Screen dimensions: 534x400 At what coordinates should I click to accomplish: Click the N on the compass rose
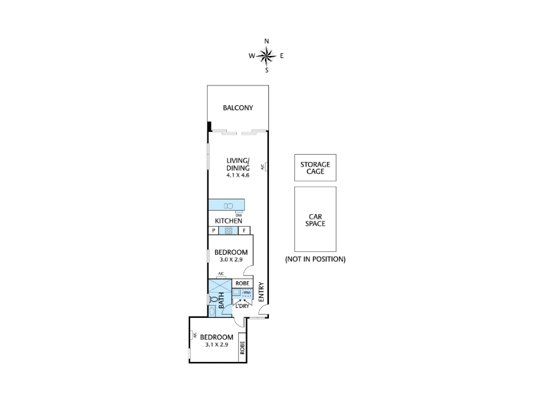click(x=266, y=41)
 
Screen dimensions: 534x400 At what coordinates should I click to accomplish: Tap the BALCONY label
click(x=238, y=108)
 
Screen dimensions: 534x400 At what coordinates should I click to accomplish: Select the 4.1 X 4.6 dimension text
click(x=238, y=175)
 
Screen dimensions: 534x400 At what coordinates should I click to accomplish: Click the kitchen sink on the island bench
click(x=228, y=206)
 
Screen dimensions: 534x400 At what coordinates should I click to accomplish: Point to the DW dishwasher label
click(x=239, y=215)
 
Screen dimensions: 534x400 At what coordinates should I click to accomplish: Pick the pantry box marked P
click(x=214, y=231)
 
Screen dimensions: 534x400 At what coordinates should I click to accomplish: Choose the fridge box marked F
click(x=244, y=231)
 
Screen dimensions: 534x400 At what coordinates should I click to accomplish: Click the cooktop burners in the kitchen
click(x=228, y=231)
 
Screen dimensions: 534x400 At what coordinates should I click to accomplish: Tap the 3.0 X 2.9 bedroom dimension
click(x=231, y=259)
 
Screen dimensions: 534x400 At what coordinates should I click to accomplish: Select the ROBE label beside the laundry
click(x=242, y=283)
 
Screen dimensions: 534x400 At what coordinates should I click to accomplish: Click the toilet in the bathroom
click(x=214, y=299)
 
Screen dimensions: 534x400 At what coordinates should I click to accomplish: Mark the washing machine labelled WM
click(x=246, y=293)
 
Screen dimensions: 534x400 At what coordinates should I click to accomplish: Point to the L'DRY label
click(x=242, y=306)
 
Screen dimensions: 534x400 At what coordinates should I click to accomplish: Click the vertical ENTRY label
click(x=262, y=292)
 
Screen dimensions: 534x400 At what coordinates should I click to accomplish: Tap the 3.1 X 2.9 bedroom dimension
click(x=216, y=345)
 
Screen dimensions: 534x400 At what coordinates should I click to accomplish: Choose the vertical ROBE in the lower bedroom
click(x=242, y=347)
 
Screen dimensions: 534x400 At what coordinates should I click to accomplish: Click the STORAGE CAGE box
click(x=315, y=168)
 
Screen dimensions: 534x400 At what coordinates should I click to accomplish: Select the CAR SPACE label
click(x=315, y=220)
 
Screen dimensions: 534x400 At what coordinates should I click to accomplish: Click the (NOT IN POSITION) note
click(x=315, y=259)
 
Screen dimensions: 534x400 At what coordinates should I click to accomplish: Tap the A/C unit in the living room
click(x=266, y=167)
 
